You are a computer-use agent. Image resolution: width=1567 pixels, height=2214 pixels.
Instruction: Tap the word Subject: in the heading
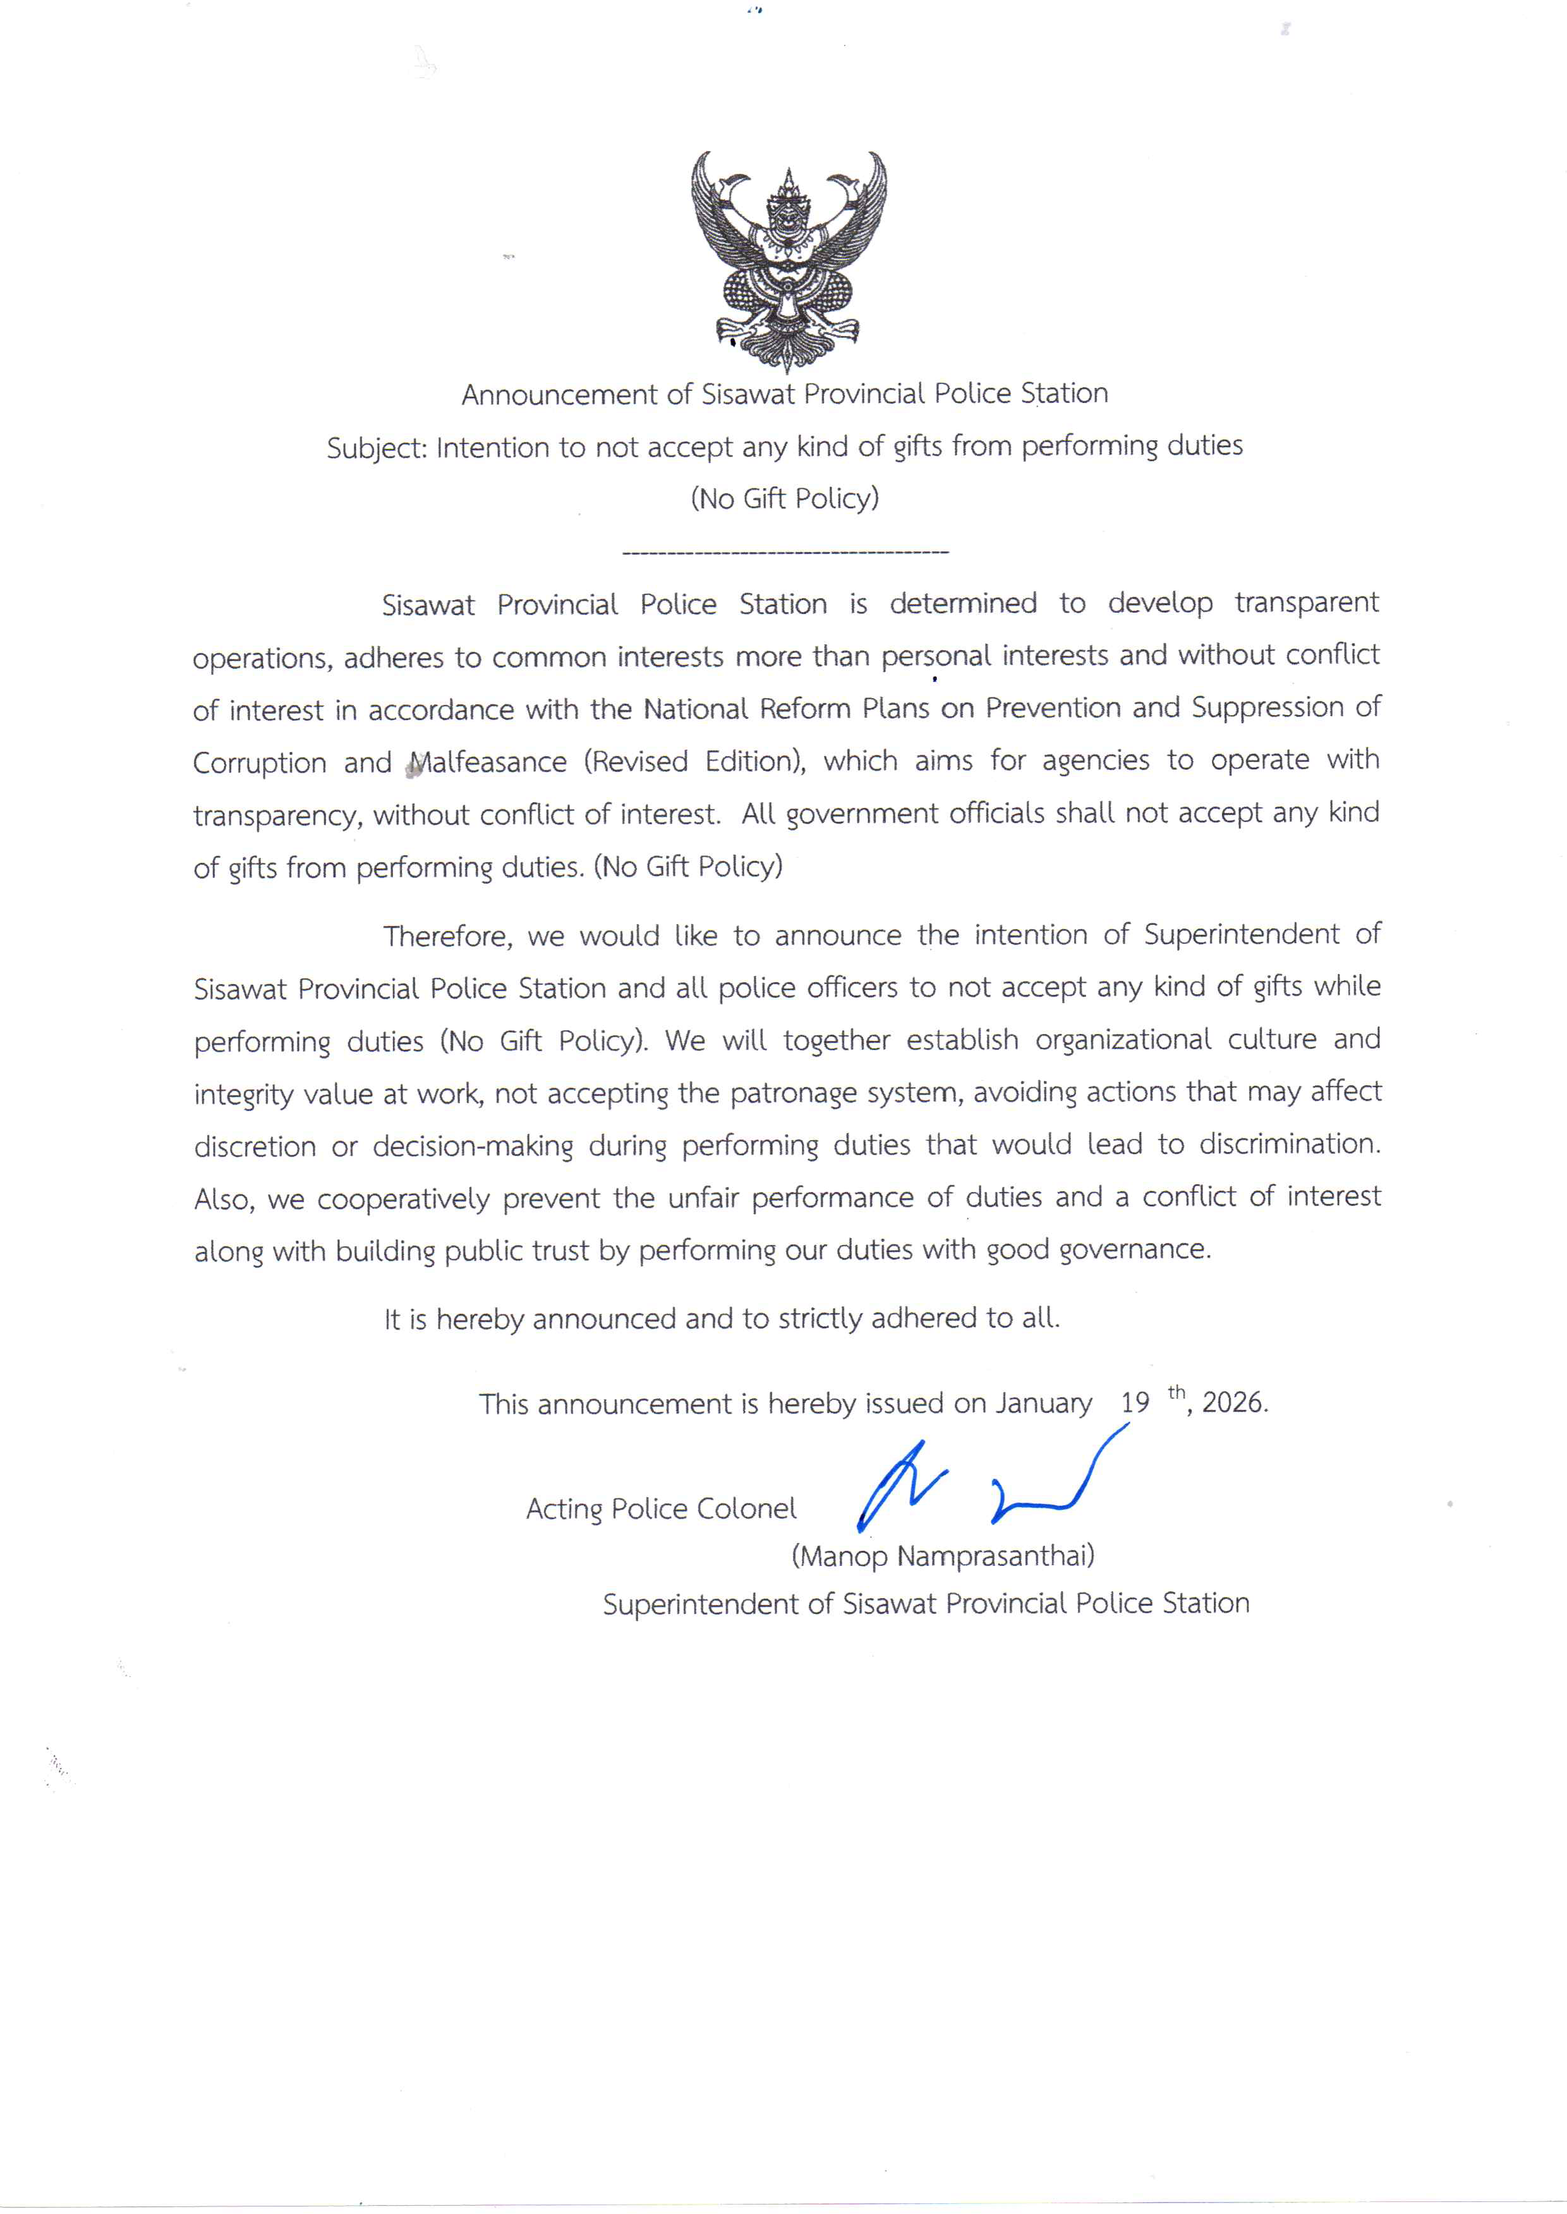(x=377, y=448)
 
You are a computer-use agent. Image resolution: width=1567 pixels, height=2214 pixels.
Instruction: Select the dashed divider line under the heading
(x=785, y=553)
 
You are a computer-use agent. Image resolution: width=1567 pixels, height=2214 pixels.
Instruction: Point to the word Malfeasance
(x=488, y=763)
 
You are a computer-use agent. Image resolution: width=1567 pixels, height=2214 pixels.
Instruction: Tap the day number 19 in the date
(x=1135, y=1404)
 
